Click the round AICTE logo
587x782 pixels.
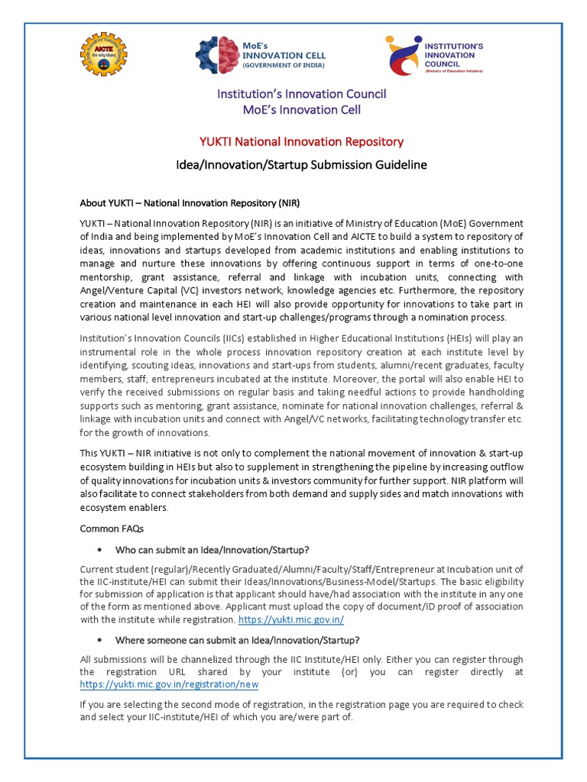point(105,54)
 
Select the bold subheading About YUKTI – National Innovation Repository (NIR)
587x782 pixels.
point(190,203)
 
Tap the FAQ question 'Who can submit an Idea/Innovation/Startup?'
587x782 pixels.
point(212,550)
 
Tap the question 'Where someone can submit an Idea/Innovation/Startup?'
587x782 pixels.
point(237,640)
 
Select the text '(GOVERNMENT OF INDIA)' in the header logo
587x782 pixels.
point(284,66)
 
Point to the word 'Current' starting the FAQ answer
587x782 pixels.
point(98,570)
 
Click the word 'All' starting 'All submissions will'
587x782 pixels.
point(86,659)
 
